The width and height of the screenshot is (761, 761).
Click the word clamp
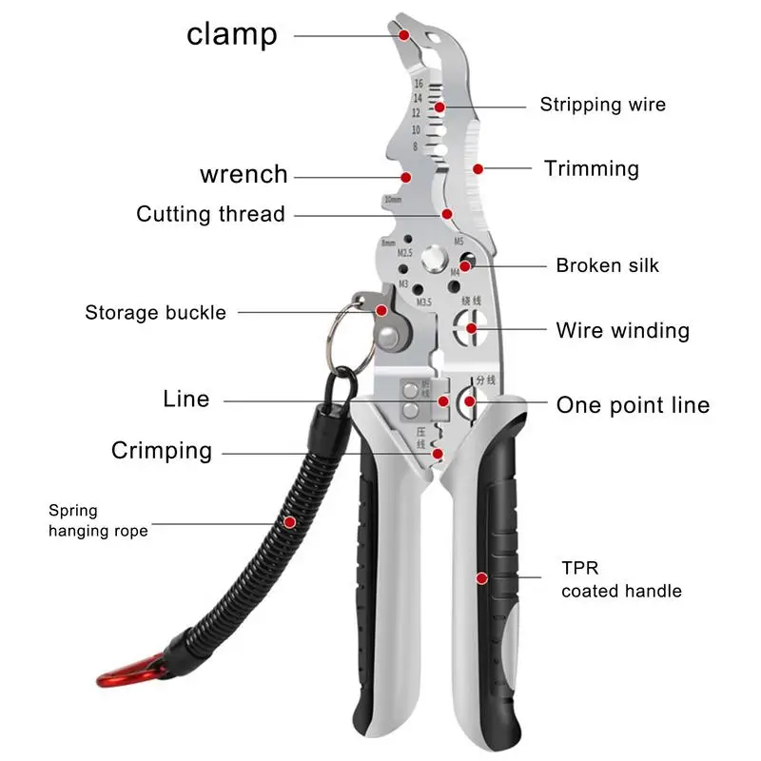232,34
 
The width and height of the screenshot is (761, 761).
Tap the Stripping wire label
602,105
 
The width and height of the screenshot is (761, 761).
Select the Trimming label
591,169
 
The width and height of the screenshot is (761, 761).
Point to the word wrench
244,175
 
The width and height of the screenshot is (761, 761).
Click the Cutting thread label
210,214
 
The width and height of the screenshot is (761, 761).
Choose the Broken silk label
607,266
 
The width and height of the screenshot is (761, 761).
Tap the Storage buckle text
155,313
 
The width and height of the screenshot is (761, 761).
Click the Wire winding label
622,331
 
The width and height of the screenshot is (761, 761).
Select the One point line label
633,405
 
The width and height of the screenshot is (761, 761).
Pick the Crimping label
162,451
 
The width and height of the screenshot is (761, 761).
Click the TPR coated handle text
620,580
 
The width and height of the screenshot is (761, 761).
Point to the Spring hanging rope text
98,521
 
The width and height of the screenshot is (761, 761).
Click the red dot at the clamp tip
404,34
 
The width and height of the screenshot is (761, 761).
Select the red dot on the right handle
482,577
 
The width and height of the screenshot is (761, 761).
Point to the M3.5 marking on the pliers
424,302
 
